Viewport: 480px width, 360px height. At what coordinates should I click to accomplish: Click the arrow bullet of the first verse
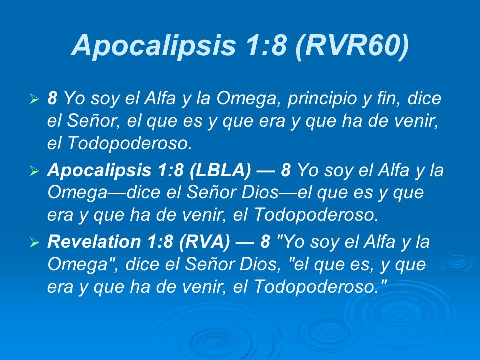pyautogui.click(x=34, y=99)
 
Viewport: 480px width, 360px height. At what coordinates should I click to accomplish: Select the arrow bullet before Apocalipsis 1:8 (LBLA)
pyautogui.click(x=34, y=171)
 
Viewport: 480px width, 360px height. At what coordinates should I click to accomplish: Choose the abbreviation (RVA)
pyautogui.click(x=208, y=242)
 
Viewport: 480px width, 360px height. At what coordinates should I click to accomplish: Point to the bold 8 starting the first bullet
pyautogui.click(x=52, y=99)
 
